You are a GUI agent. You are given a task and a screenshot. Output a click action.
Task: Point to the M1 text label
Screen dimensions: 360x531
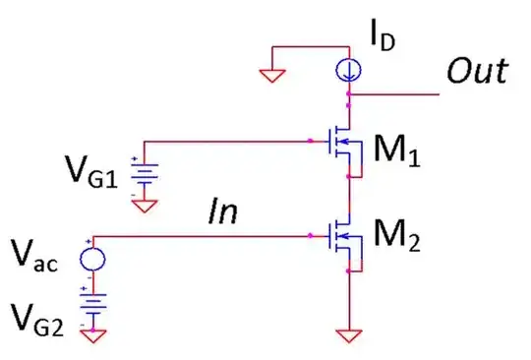coord(398,152)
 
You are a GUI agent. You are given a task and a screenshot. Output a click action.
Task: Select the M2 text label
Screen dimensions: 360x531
coord(399,241)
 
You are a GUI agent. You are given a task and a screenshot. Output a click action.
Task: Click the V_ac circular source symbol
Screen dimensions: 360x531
coord(95,258)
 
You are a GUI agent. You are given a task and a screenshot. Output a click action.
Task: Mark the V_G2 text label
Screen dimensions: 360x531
coord(41,318)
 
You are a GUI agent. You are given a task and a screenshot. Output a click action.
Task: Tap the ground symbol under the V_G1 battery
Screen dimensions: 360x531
coord(145,207)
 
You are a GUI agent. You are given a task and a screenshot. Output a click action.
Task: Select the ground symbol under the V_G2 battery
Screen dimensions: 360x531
coord(95,334)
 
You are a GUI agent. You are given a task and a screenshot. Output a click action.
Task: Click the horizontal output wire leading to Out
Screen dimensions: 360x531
coord(393,95)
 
